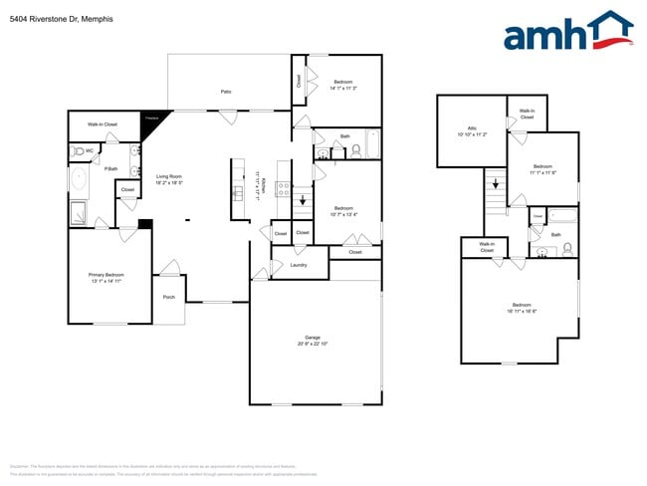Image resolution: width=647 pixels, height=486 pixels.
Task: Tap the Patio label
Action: [x=226, y=92]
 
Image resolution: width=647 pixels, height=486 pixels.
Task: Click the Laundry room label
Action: [x=298, y=265]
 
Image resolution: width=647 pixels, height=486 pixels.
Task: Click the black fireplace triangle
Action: [x=153, y=119]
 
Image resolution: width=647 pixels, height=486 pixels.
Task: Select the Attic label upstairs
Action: [x=472, y=128]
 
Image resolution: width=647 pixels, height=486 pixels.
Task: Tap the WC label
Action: [x=89, y=150]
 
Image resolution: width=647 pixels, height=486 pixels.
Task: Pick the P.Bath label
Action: [x=112, y=169]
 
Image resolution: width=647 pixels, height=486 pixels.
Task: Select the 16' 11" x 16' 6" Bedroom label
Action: [x=522, y=307]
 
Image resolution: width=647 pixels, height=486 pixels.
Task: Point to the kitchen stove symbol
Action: [x=283, y=186]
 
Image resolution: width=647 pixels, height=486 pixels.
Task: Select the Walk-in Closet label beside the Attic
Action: [x=527, y=115]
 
